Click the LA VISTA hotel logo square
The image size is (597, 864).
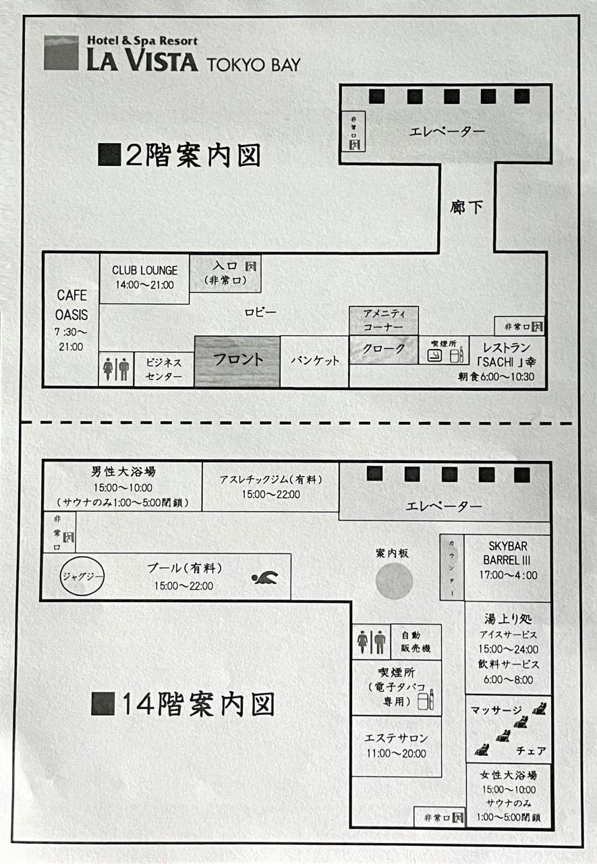pyautogui.click(x=61, y=53)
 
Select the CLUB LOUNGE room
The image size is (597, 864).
pyautogui.click(x=145, y=277)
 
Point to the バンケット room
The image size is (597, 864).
pyautogui.click(x=314, y=361)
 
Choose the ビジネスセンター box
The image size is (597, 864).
pyautogui.click(x=164, y=370)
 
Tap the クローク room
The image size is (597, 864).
pyautogui.click(x=384, y=350)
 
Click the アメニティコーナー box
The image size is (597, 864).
pyautogui.click(x=384, y=320)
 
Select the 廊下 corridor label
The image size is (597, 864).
pyautogui.click(x=467, y=207)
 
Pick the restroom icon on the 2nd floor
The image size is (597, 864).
pyautogui.click(x=116, y=370)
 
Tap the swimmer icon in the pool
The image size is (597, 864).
pyautogui.click(x=264, y=578)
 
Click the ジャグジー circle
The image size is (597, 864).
pyautogui.click(x=82, y=577)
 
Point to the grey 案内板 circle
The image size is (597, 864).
pyautogui.click(x=394, y=580)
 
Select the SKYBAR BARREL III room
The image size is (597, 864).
pyautogui.click(x=507, y=560)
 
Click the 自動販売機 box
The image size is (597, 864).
pyautogui.click(x=416, y=642)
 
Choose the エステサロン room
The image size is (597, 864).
pyautogui.click(x=396, y=745)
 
